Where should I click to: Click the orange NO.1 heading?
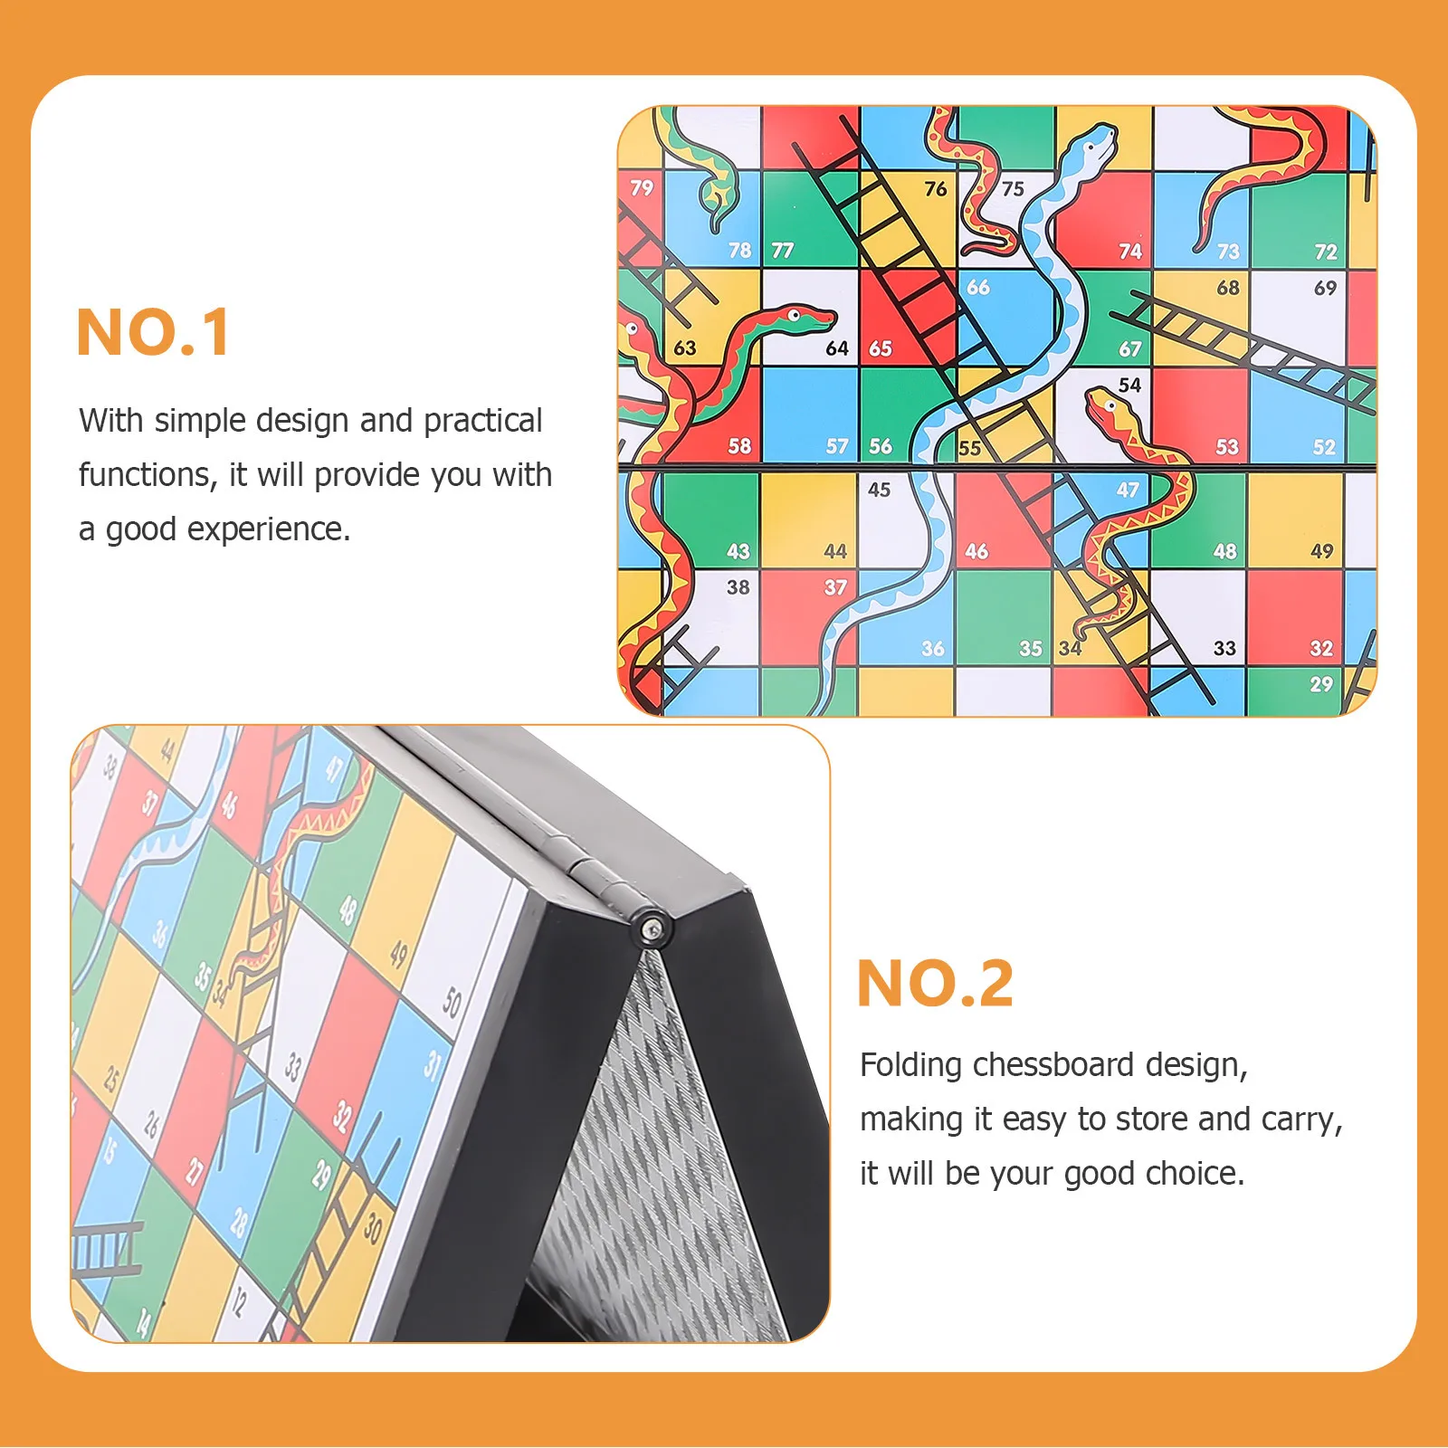coord(153,332)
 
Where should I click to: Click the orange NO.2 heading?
coord(935,983)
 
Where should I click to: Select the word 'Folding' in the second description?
coord(910,1065)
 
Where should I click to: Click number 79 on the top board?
coord(642,188)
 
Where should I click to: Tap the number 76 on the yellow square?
coord(935,188)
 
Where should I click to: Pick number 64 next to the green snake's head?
coord(837,348)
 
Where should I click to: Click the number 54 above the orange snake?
coord(1129,385)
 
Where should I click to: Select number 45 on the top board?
coord(879,490)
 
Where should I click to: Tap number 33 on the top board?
coord(1224,648)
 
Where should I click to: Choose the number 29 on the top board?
coord(1321,684)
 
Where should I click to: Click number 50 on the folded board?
coord(452,1002)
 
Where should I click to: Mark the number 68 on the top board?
coord(1227,288)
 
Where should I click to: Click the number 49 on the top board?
coord(1321,551)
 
